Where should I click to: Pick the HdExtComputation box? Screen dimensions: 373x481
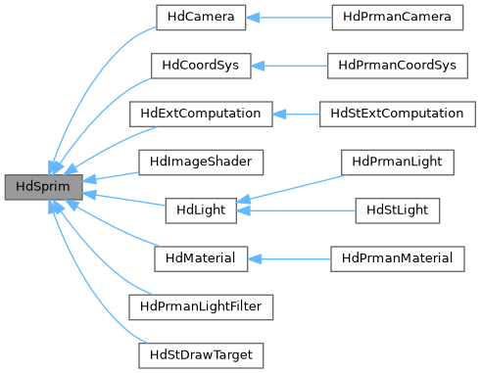pos(200,114)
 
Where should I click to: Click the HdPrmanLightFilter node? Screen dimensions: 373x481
pos(201,305)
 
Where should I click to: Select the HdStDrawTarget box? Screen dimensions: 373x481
pos(200,353)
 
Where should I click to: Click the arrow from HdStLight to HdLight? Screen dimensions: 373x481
pos(294,210)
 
